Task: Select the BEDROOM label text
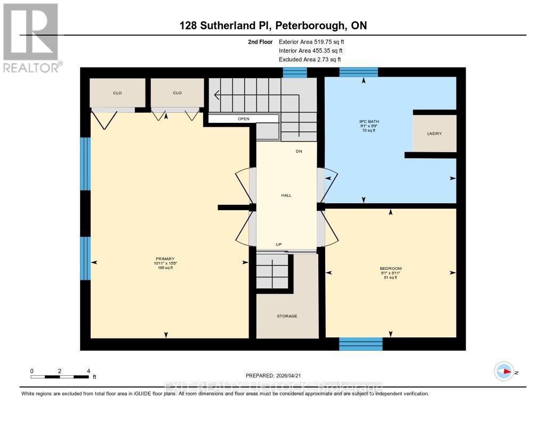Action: point(390,268)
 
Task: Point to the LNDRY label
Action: point(435,134)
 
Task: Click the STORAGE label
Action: point(287,316)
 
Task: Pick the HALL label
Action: point(286,195)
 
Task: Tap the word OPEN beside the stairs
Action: point(244,119)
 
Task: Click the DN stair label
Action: point(299,152)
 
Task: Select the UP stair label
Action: point(278,244)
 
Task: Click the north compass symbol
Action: point(504,372)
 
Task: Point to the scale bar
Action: point(60,377)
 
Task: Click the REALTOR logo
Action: point(31,37)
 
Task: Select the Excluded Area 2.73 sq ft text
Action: point(310,60)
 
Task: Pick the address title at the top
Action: point(272,26)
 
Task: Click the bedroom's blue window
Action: point(361,344)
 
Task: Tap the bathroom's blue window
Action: point(358,72)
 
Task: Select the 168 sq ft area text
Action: point(165,268)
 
